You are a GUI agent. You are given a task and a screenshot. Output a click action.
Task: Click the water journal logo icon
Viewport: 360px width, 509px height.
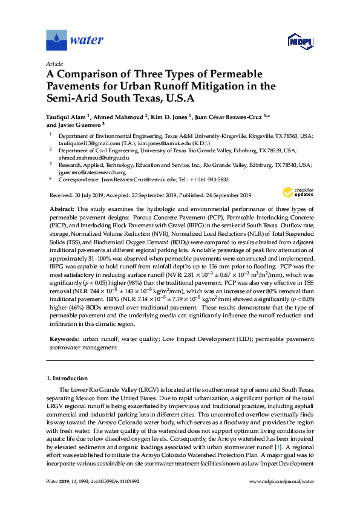tap(56, 41)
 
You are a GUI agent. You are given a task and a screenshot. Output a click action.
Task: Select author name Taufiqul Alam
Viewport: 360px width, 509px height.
tap(66, 117)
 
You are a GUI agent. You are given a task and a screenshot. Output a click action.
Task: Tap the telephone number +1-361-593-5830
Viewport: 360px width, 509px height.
tap(208, 180)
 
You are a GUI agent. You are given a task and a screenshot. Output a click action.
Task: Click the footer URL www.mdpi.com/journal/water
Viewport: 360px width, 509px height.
tap(281, 481)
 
